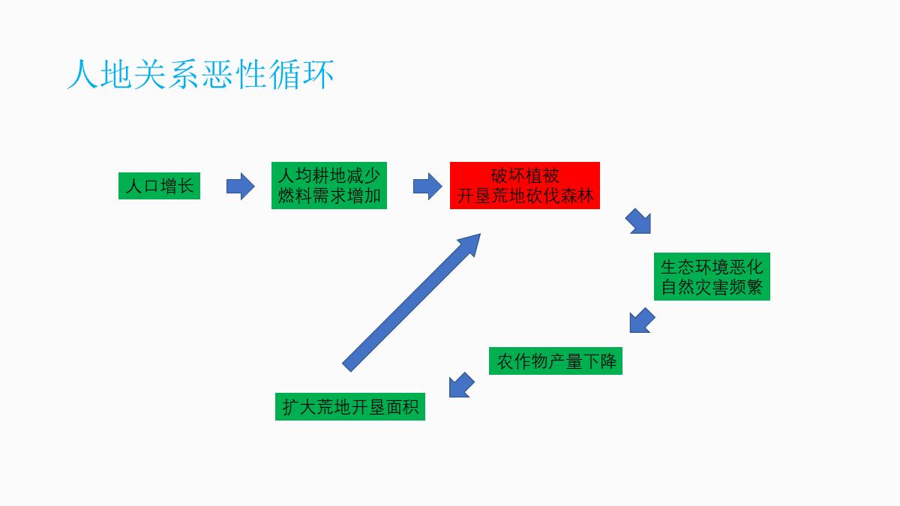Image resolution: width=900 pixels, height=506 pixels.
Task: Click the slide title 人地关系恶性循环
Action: pyautogui.click(x=200, y=75)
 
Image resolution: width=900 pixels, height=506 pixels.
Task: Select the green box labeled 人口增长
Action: pyautogui.click(x=159, y=186)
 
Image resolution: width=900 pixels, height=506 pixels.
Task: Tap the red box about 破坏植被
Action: pyautogui.click(x=525, y=185)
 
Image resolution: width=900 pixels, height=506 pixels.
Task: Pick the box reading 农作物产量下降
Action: pyautogui.click(x=556, y=361)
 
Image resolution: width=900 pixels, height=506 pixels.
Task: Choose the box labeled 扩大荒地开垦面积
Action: pyautogui.click(x=349, y=406)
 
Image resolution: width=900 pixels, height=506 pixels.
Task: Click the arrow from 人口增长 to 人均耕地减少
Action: pyautogui.click(x=240, y=186)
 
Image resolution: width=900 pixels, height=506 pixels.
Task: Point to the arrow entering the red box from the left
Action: pyautogui.click(x=427, y=186)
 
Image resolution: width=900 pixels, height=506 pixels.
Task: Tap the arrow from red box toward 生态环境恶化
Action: pyautogui.click(x=639, y=222)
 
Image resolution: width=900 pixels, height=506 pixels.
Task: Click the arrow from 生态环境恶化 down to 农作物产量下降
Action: pyautogui.click(x=641, y=320)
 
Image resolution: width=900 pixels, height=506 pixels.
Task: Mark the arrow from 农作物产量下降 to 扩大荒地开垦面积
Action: pyautogui.click(x=461, y=385)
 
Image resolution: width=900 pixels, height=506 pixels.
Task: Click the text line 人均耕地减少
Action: pyautogui.click(x=328, y=176)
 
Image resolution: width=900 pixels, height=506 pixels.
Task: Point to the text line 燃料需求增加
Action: pyautogui.click(x=328, y=196)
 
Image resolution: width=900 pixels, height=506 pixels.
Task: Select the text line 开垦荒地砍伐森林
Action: pyautogui.click(x=525, y=196)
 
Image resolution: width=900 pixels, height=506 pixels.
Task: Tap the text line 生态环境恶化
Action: pyautogui.click(x=711, y=267)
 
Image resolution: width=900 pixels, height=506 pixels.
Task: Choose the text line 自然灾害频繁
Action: pyautogui.click(x=711, y=287)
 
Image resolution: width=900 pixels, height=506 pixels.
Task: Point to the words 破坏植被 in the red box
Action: pyautogui.click(x=525, y=175)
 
